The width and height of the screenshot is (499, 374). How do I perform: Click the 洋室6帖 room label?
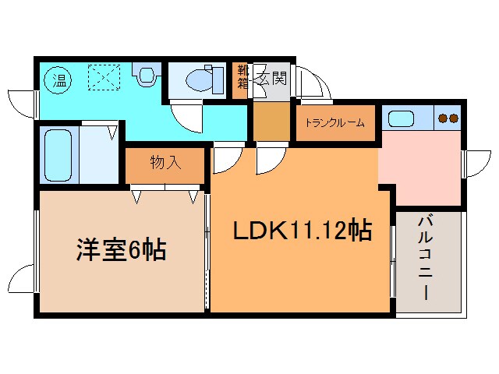[120, 251]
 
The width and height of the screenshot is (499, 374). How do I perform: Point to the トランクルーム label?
[335, 122]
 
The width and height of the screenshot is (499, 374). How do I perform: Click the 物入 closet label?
[165, 163]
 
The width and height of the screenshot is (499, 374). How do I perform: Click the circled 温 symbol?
[56, 78]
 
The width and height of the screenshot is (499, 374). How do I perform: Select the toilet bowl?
[202, 79]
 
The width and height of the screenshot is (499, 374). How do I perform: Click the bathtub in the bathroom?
[58, 154]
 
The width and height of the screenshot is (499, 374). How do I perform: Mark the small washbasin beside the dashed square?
[146, 76]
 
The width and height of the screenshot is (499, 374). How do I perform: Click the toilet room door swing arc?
[188, 118]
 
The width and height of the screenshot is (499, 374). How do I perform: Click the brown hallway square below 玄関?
[270, 121]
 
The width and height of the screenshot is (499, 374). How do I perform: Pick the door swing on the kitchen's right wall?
[475, 163]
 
